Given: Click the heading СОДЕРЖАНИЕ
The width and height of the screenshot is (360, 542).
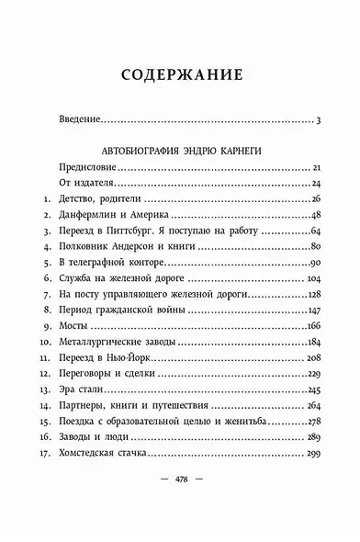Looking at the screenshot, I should [x=181, y=74].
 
